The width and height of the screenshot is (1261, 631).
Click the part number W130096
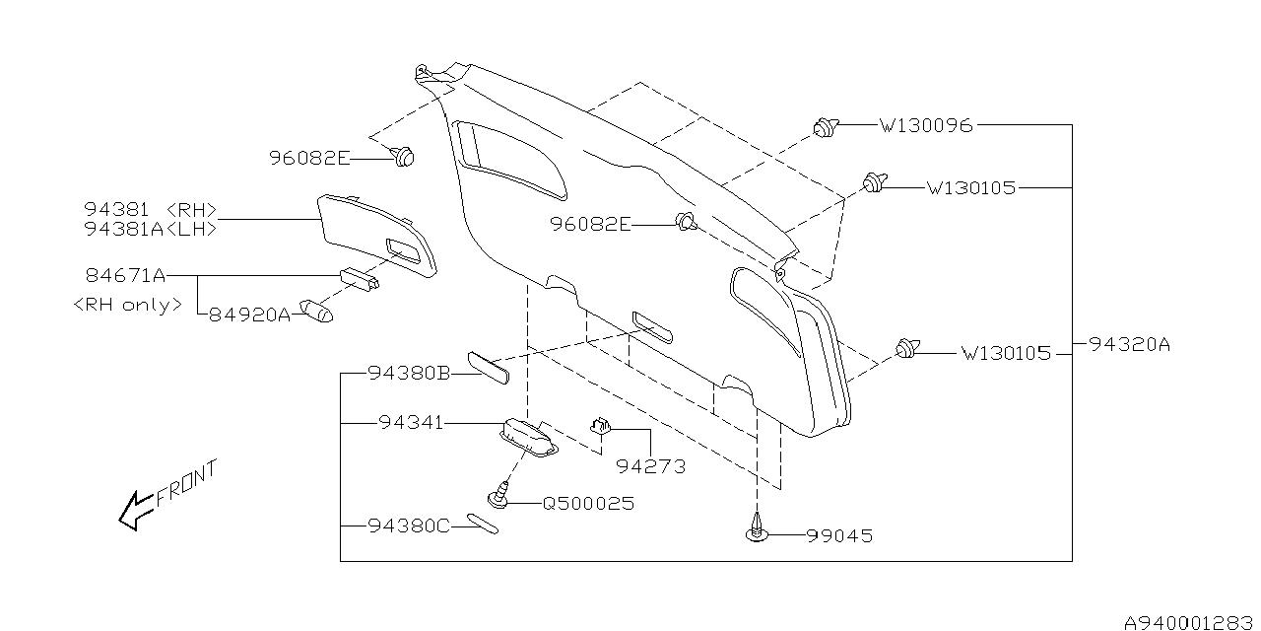(925, 125)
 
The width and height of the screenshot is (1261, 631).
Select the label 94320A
(1129, 345)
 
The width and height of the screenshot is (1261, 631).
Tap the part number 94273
(650, 464)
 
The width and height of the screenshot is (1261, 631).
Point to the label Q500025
(588, 503)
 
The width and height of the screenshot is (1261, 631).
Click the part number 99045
(839, 536)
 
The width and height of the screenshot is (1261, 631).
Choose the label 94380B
(409, 373)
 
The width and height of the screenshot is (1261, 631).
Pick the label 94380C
(409, 526)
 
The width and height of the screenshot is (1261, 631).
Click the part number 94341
(410, 423)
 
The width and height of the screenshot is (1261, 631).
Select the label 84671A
(123, 274)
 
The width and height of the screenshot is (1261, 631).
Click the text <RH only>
(128, 305)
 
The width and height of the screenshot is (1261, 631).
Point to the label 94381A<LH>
(151, 228)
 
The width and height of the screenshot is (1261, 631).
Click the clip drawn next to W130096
(825, 126)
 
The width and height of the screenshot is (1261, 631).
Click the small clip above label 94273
(601, 425)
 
